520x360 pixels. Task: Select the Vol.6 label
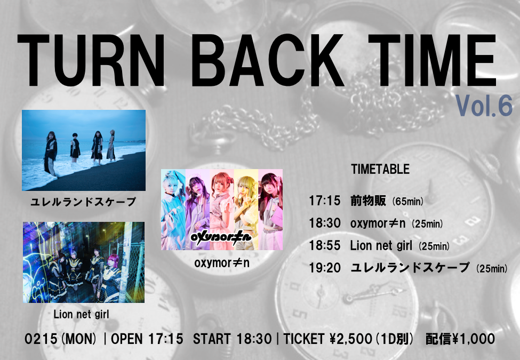tap(484, 106)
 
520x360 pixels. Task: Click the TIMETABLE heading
tap(380, 170)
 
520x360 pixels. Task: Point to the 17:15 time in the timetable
tap(325, 200)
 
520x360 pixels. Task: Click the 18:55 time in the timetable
tap(325, 245)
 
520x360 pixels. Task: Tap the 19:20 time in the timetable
tap(325, 268)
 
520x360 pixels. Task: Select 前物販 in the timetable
tap(368, 200)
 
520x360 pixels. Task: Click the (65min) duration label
tap(407, 201)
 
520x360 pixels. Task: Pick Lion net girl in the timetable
tap(381, 246)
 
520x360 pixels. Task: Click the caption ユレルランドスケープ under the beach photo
tap(83, 202)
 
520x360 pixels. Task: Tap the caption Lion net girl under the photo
tap(81, 314)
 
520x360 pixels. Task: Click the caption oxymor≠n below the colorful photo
tap(221, 263)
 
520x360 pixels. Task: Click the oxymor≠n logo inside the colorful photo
tap(221, 237)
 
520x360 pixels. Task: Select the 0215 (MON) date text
tap(61, 339)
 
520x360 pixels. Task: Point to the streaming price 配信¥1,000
tap(460, 339)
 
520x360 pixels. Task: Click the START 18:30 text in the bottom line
tap(232, 339)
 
